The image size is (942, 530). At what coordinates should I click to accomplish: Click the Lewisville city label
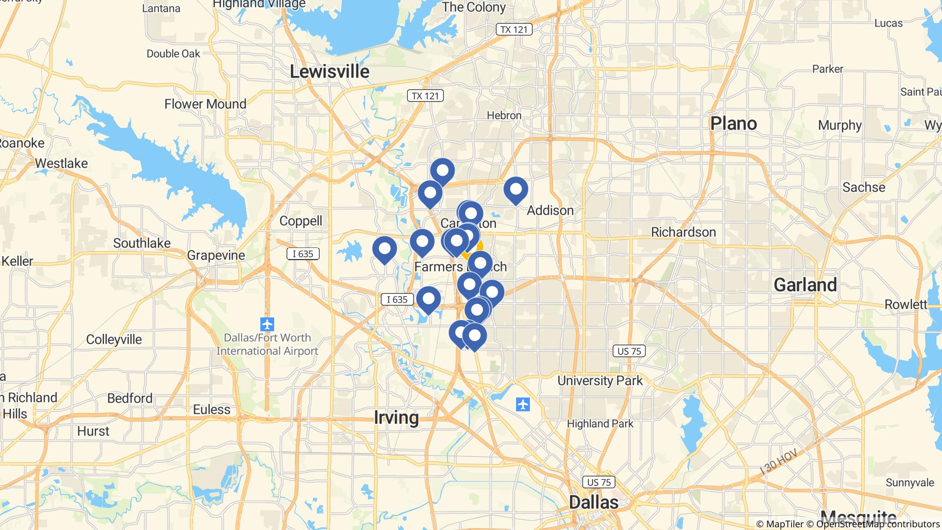329,72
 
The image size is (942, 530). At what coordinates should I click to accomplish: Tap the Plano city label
733,123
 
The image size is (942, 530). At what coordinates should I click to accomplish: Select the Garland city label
805,285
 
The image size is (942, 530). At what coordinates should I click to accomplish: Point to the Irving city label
396,417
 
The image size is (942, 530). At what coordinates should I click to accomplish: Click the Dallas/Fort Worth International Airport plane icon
267,324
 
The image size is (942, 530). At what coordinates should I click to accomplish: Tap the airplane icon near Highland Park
523,405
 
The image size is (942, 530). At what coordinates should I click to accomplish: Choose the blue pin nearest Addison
516,190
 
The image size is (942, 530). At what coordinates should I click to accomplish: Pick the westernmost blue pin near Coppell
385,249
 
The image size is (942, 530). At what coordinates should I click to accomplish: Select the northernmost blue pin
442,171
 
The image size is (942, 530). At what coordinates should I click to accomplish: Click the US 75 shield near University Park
629,351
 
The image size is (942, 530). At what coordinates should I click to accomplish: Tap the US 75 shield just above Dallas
599,482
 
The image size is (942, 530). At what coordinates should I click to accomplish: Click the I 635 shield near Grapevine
303,254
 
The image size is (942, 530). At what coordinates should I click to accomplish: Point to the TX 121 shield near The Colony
514,29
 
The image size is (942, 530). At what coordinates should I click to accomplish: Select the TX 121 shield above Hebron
425,96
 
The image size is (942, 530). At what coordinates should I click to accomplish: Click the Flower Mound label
205,104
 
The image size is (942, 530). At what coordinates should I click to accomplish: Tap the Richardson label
683,232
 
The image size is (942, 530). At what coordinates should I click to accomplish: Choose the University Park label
600,380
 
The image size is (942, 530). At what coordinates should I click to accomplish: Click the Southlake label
142,243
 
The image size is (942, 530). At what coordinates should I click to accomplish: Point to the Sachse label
863,187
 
